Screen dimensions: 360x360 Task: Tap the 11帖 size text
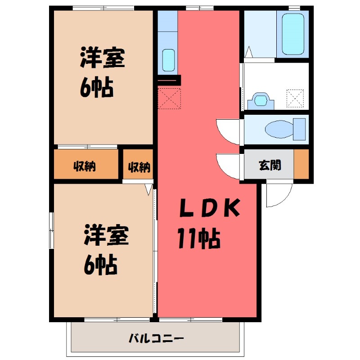click(x=198, y=238)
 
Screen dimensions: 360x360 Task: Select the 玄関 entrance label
click(x=270, y=165)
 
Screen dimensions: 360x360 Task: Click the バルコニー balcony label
click(x=156, y=338)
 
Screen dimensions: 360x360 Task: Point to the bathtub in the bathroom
click(x=293, y=34)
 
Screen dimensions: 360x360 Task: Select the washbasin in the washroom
click(x=261, y=99)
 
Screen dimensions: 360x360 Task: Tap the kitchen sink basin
click(x=168, y=60)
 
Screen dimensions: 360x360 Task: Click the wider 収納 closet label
click(x=85, y=166)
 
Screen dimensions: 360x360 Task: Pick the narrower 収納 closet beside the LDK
click(x=139, y=167)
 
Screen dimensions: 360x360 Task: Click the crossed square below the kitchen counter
click(x=169, y=99)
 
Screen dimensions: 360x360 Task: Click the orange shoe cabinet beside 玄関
click(x=301, y=165)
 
